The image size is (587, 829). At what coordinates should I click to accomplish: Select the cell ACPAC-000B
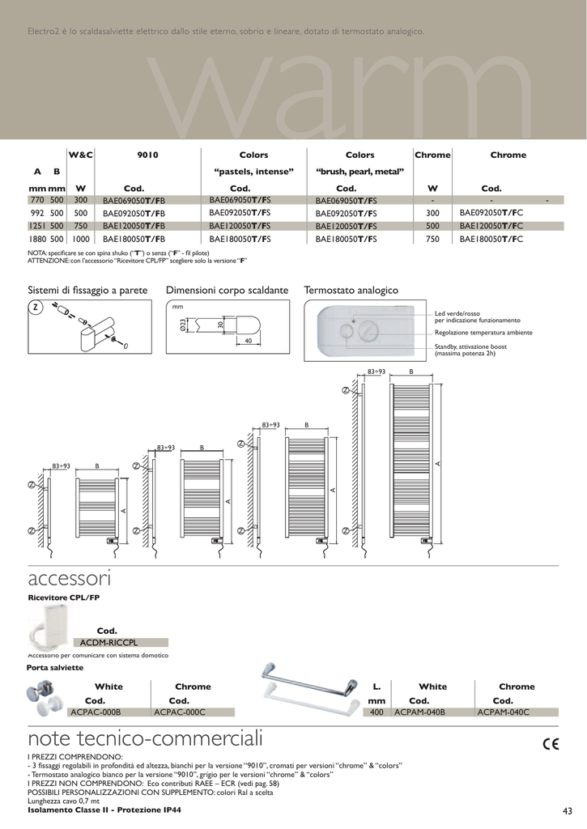[x=96, y=712]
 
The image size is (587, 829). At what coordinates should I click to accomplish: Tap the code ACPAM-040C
[x=503, y=712]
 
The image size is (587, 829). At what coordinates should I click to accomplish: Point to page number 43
[x=566, y=812]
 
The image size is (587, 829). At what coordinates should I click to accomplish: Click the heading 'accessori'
[x=69, y=579]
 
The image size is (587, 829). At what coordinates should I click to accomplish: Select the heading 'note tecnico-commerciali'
[x=145, y=739]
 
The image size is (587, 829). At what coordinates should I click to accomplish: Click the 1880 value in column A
[x=38, y=240]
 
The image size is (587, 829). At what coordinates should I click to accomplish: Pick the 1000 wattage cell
[x=80, y=240]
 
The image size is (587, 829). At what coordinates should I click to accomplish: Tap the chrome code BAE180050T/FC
[x=491, y=240]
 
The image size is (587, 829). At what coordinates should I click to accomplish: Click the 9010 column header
[x=147, y=155]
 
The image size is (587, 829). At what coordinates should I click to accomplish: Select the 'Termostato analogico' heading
[x=351, y=290]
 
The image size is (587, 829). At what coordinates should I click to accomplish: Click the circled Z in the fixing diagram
[x=36, y=308]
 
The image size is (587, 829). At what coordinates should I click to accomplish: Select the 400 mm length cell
[x=376, y=712]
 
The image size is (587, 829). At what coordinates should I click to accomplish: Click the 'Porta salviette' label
[x=55, y=667]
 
